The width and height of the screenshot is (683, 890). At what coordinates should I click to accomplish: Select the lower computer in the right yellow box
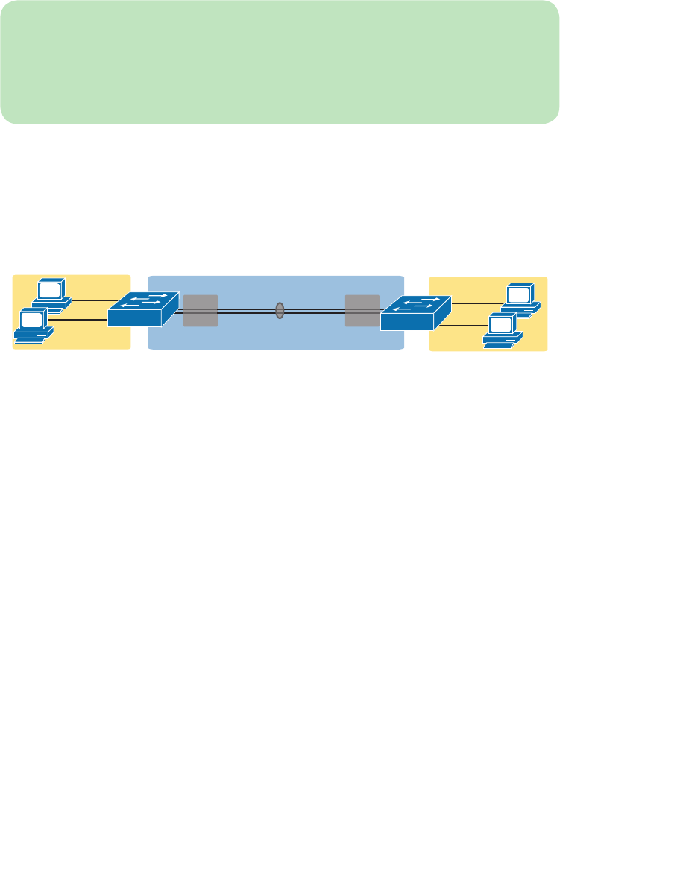click(x=502, y=330)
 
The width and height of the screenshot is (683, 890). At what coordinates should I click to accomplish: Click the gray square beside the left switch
click(x=201, y=310)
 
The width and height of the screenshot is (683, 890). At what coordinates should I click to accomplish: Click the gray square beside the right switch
click(x=362, y=310)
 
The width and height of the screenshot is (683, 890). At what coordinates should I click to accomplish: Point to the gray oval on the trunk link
click(x=280, y=310)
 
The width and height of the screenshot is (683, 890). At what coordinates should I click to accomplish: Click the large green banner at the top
click(x=280, y=61)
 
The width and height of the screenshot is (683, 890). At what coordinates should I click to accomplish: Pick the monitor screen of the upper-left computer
click(x=50, y=289)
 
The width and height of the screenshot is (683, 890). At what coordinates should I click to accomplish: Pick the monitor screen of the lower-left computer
click(x=32, y=320)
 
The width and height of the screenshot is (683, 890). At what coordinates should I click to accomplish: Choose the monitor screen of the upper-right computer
click(x=519, y=294)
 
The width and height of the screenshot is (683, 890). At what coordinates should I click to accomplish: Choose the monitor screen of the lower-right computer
click(x=501, y=324)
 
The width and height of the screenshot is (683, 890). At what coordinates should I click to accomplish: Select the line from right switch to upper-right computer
click(x=477, y=303)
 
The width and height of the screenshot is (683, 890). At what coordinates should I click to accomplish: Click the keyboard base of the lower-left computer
click(x=34, y=337)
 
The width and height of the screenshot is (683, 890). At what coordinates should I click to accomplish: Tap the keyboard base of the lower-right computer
click(x=503, y=341)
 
